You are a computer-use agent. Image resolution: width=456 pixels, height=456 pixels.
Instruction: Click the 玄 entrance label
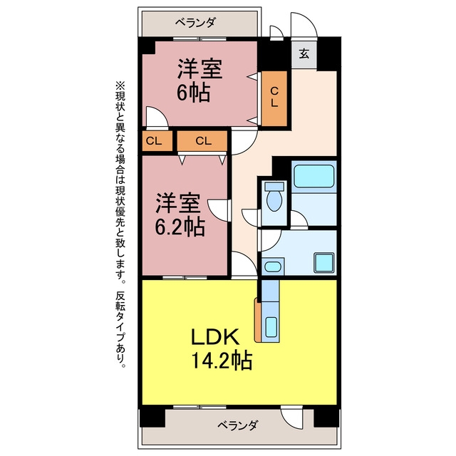(304, 54)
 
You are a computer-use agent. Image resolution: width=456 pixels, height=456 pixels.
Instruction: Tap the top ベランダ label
(195, 22)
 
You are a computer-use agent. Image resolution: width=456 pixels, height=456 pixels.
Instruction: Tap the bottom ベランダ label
(237, 425)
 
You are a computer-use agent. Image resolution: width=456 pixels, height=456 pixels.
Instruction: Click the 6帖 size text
(193, 93)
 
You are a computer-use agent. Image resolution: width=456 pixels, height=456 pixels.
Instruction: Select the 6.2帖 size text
(180, 227)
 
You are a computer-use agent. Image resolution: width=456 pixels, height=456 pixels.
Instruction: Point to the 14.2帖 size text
(222, 361)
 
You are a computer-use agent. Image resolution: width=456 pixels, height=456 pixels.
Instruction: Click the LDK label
(215, 336)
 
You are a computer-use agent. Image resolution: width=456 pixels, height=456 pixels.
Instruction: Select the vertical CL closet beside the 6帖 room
(274, 98)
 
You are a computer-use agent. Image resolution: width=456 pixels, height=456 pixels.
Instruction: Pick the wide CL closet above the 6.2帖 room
(202, 141)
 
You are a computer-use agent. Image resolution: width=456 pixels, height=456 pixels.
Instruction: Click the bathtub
(313, 176)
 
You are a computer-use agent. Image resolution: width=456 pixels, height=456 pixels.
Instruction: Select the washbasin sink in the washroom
(273, 266)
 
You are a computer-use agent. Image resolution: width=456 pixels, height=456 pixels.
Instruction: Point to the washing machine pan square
(324, 263)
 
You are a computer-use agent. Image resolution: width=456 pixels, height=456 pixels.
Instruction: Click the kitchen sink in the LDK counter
(271, 326)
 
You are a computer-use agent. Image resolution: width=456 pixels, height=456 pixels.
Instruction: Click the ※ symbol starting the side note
(120, 86)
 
